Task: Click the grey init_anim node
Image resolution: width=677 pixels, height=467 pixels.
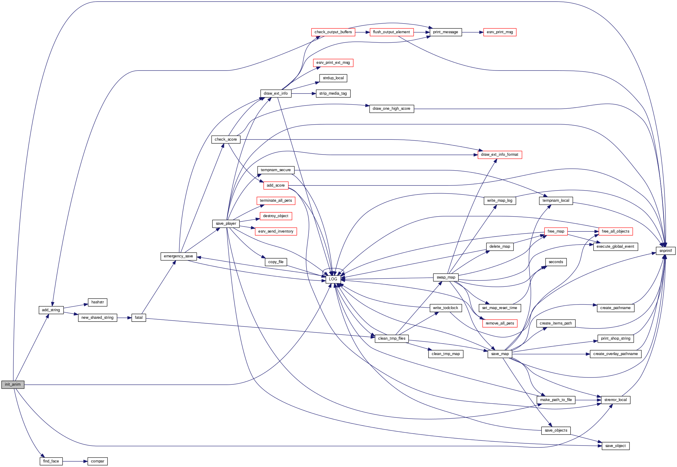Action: (13, 384)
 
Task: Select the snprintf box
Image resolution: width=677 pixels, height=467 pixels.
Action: (665, 251)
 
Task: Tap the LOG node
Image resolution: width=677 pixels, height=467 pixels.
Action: (333, 279)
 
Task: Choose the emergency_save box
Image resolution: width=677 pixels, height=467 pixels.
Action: (178, 256)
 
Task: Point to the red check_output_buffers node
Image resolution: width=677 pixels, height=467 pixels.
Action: (333, 32)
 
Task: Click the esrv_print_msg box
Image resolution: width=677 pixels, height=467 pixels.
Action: (500, 32)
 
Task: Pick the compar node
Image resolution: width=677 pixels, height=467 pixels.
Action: (97, 461)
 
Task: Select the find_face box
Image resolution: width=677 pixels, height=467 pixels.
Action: (51, 461)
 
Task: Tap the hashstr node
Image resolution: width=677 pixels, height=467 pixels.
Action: (97, 302)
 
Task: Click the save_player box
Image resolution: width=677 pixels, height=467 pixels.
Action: (226, 224)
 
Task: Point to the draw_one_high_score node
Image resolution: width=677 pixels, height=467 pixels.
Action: (391, 109)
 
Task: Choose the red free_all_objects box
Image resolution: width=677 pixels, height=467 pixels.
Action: (615, 231)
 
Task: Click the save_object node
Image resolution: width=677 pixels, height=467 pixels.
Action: (615, 446)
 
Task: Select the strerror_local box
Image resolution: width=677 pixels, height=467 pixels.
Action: (615, 400)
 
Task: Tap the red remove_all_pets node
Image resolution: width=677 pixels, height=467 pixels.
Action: (500, 323)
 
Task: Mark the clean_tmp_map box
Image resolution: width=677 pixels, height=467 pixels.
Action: (445, 354)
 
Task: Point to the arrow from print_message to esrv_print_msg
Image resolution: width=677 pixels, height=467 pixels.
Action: (472, 32)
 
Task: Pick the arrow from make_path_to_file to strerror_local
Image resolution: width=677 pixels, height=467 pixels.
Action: (588, 400)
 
